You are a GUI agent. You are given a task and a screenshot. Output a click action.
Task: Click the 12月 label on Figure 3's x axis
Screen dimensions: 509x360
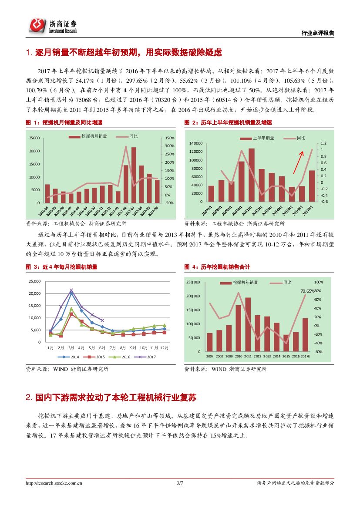pyautogui.click(x=163, y=348)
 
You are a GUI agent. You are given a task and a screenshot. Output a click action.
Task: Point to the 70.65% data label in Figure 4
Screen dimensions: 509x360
pyautogui.click(x=307, y=290)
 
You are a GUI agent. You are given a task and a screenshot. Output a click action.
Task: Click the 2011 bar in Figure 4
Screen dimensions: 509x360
pyautogui.click(x=248, y=324)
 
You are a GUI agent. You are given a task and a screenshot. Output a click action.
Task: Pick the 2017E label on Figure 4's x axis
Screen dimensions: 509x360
pyautogui.click(x=305, y=356)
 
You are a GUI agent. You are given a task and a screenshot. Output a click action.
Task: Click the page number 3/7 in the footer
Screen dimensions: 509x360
pyautogui.click(x=180, y=482)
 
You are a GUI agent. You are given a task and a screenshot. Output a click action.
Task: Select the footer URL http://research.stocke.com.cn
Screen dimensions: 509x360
pyautogui.click(x=54, y=482)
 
